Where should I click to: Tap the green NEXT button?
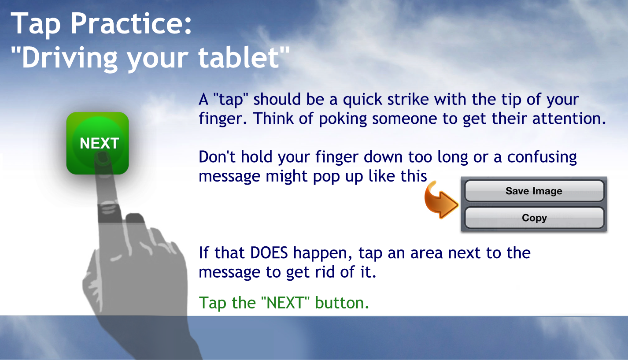98,143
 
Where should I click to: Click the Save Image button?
534,191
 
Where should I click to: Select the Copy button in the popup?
534,218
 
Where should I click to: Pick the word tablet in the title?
239,58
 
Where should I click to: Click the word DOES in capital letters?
269,252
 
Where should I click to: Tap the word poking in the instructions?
343,119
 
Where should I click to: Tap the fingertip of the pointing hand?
102,156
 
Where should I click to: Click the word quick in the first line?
362,100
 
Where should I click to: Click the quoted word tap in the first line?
231,100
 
